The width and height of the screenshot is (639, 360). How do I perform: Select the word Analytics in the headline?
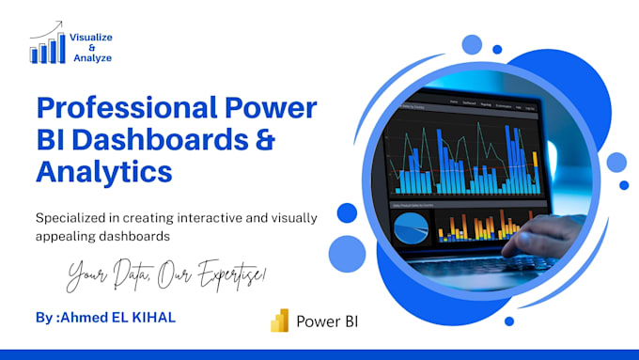[103, 172]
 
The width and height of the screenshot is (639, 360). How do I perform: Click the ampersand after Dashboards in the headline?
[264, 141]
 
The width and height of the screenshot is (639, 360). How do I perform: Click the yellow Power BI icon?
[278, 321]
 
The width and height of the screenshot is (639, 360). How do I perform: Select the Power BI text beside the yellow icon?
[326, 321]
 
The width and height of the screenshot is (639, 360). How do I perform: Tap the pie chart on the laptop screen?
[410, 226]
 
